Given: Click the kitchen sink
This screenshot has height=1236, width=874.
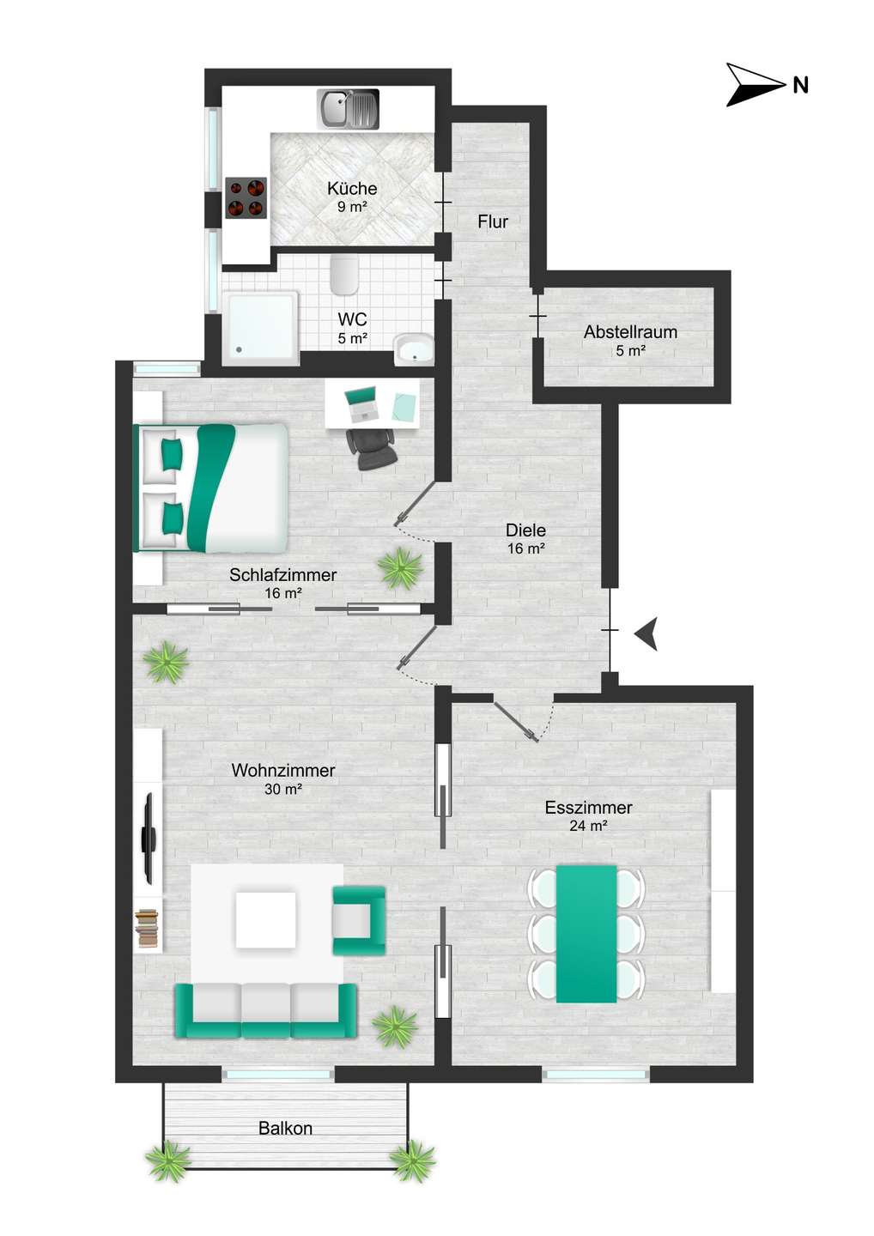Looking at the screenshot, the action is click(349, 109).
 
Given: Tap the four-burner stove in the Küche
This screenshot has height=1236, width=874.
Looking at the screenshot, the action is click(246, 197).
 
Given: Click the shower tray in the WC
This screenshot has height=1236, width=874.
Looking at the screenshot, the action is click(261, 328).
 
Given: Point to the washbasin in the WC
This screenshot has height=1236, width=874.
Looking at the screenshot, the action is click(414, 349).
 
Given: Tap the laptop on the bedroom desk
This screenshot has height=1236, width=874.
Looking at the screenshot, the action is click(361, 403).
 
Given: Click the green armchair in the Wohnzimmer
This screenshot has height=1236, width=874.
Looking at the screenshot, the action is click(359, 921).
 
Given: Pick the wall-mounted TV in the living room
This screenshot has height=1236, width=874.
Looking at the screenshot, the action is click(149, 838).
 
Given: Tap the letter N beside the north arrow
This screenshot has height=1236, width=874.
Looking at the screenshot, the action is click(801, 86).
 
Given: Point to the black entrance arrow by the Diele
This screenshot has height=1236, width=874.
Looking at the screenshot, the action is click(646, 634).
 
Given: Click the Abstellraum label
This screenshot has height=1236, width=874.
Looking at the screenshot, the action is click(630, 332).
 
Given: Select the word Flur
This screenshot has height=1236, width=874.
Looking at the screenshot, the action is click(493, 221).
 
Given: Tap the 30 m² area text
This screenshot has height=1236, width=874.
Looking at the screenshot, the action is click(283, 789).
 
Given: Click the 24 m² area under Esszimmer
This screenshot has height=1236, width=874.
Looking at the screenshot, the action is click(589, 826).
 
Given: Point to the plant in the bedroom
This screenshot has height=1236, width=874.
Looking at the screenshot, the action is click(400, 568).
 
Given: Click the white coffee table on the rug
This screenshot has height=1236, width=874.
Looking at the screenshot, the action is click(265, 920).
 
